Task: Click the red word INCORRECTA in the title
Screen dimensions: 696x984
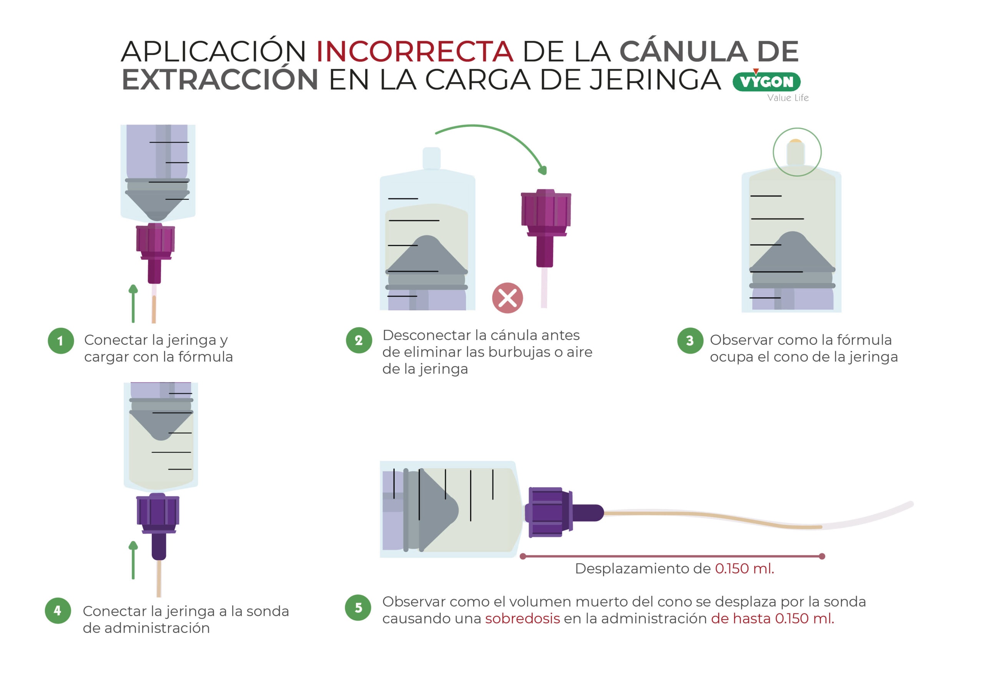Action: [x=414, y=51]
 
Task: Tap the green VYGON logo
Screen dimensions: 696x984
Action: [x=766, y=82]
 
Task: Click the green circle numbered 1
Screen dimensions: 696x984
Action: [x=60, y=341]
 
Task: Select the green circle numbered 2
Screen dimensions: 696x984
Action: [x=359, y=341]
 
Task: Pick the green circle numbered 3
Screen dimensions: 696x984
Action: [x=690, y=341]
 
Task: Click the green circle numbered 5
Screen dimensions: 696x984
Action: [x=358, y=608]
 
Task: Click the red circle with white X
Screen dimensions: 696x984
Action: [x=507, y=298]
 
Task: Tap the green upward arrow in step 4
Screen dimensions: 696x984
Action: [x=133, y=560]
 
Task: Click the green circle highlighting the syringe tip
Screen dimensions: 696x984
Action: [x=797, y=152]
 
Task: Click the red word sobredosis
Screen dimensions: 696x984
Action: [x=522, y=619]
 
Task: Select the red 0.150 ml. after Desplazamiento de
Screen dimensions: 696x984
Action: [x=744, y=569]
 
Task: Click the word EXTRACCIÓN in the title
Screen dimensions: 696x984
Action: [x=220, y=80]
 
